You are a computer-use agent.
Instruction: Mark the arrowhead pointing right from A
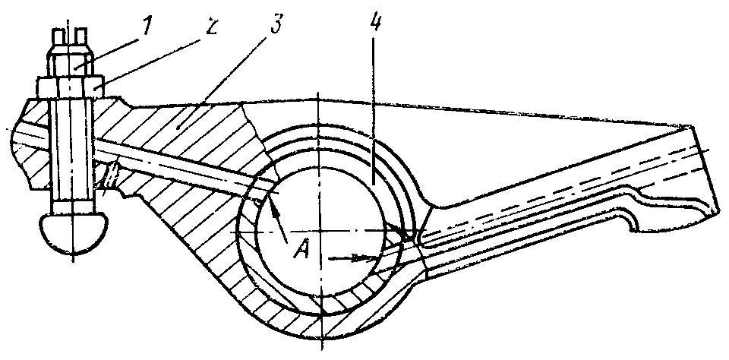(x=368, y=258)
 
